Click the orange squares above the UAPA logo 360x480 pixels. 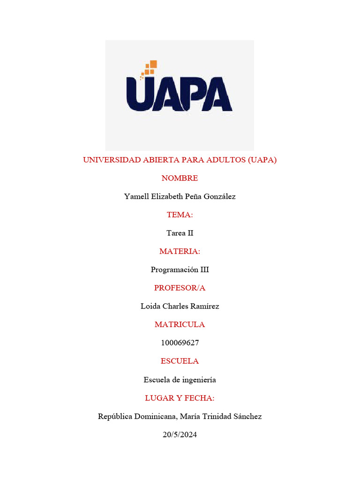pyautogui.click(x=150, y=68)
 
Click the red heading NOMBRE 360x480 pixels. pyautogui.click(x=180, y=178)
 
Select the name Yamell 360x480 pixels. pyautogui.click(x=136, y=196)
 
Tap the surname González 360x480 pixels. pyautogui.click(x=217, y=196)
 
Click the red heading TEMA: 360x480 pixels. pyautogui.click(x=180, y=215)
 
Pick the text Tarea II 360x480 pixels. pyautogui.click(x=180, y=233)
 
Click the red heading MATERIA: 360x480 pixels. pyautogui.click(x=180, y=251)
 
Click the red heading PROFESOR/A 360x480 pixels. pyautogui.click(x=180, y=288)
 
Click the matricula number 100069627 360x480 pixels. pyautogui.click(x=180, y=343)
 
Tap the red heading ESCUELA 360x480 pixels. pyautogui.click(x=180, y=361)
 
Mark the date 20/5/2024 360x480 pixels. pyautogui.click(x=180, y=435)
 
